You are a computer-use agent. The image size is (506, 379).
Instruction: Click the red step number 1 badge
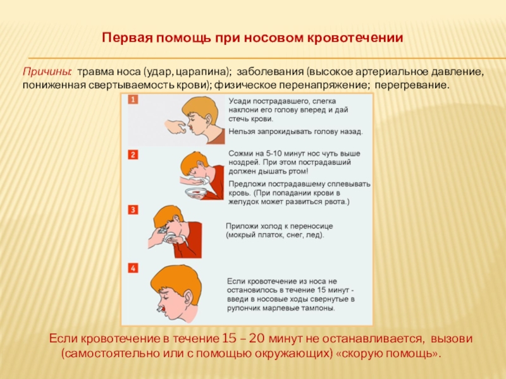pos(133,99)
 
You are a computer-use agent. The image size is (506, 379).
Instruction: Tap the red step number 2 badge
pos(133,155)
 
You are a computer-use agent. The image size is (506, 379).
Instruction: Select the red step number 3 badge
pos(133,210)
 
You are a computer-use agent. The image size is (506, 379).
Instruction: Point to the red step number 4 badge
pos(133,268)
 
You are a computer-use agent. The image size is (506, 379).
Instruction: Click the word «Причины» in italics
pos(46,72)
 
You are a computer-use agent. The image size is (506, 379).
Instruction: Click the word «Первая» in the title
pos(127,38)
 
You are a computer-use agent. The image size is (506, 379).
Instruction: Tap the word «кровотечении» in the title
pos(354,38)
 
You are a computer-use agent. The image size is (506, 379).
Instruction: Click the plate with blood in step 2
pos(197,193)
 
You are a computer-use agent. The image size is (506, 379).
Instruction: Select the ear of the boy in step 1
pos(207,120)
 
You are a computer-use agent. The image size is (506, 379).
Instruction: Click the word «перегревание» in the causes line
pos(412,86)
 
